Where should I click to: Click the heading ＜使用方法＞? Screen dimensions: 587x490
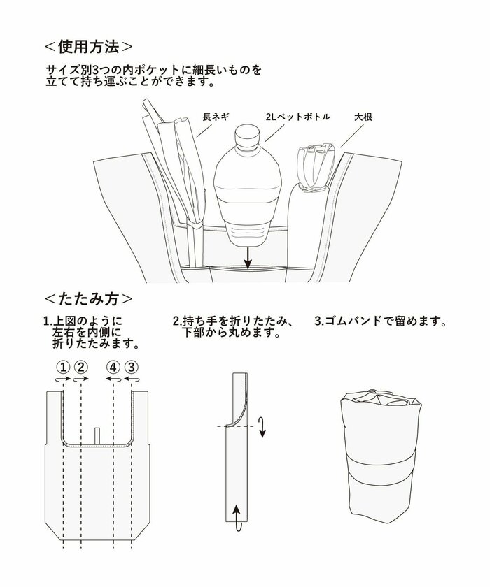pos(87,47)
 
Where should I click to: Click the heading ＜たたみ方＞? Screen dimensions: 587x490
pos(87,298)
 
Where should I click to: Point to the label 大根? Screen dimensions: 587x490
pos(363,117)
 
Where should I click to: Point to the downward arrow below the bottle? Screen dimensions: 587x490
pos(246,260)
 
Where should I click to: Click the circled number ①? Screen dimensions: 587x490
pos(62,367)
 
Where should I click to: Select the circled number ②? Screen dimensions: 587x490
pos(80,367)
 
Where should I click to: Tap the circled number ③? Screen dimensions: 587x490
pos(132,367)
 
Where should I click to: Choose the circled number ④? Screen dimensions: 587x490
pos(113,367)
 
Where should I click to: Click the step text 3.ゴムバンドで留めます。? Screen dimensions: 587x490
pos(381,322)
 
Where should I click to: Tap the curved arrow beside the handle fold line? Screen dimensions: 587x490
pos(261,426)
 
